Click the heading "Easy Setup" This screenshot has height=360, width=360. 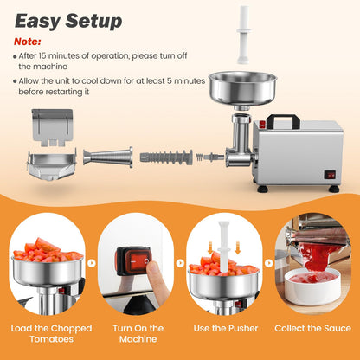point(69,20)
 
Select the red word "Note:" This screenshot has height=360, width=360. point(27,40)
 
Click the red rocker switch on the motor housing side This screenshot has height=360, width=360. point(329,174)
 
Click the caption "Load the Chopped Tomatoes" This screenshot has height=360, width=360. point(48,334)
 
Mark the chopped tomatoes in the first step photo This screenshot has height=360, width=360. point(48,253)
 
